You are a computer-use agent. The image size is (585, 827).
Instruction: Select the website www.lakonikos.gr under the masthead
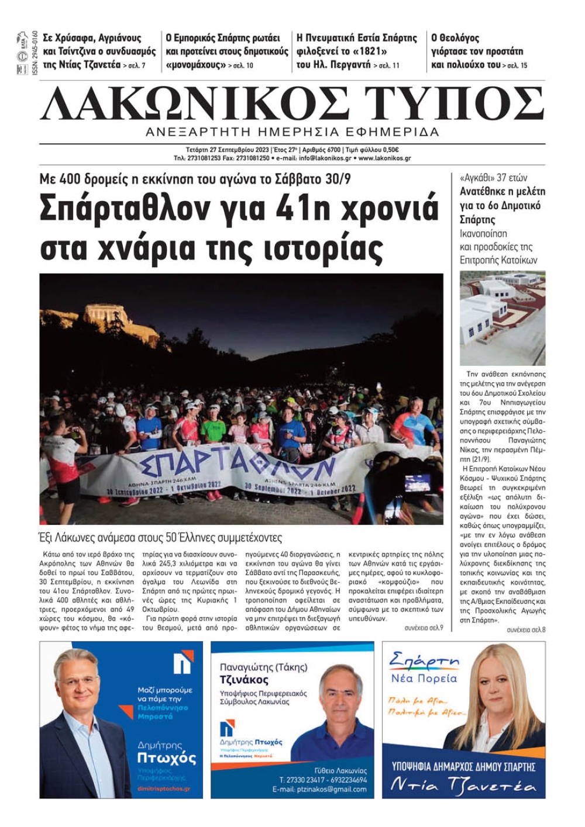(x=384, y=158)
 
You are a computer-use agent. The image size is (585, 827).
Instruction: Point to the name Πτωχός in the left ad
(x=166, y=758)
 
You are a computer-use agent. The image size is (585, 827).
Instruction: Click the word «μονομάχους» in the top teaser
(x=195, y=65)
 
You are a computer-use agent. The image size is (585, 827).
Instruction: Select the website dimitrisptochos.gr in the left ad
(x=163, y=789)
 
